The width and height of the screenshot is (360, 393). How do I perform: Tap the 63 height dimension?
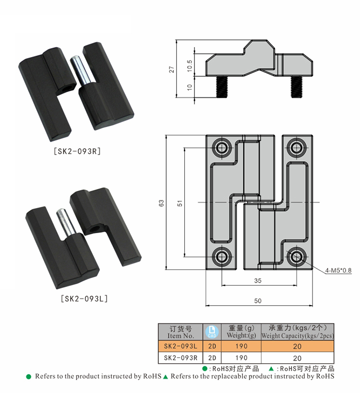[162, 203]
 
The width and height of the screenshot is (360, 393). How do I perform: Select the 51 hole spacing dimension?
[180, 203]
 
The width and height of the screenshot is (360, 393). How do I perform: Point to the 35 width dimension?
[258, 280]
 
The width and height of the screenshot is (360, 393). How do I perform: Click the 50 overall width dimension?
[258, 300]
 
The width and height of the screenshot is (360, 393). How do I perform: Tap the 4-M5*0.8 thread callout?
[338, 270]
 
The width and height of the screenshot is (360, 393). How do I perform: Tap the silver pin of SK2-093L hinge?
[62, 222]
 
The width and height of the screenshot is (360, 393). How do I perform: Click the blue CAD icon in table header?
[212, 332]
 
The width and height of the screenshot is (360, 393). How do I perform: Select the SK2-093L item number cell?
[180, 346]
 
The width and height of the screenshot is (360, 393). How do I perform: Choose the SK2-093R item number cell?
[180, 357]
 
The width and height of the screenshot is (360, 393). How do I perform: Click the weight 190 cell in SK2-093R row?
[241, 357]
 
